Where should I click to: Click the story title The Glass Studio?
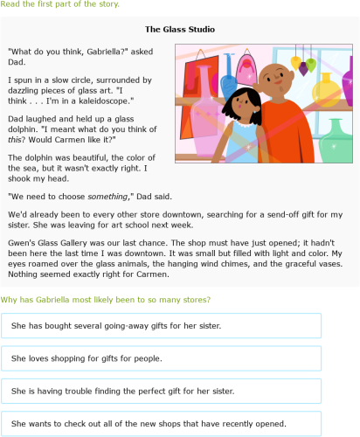click(179, 30)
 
